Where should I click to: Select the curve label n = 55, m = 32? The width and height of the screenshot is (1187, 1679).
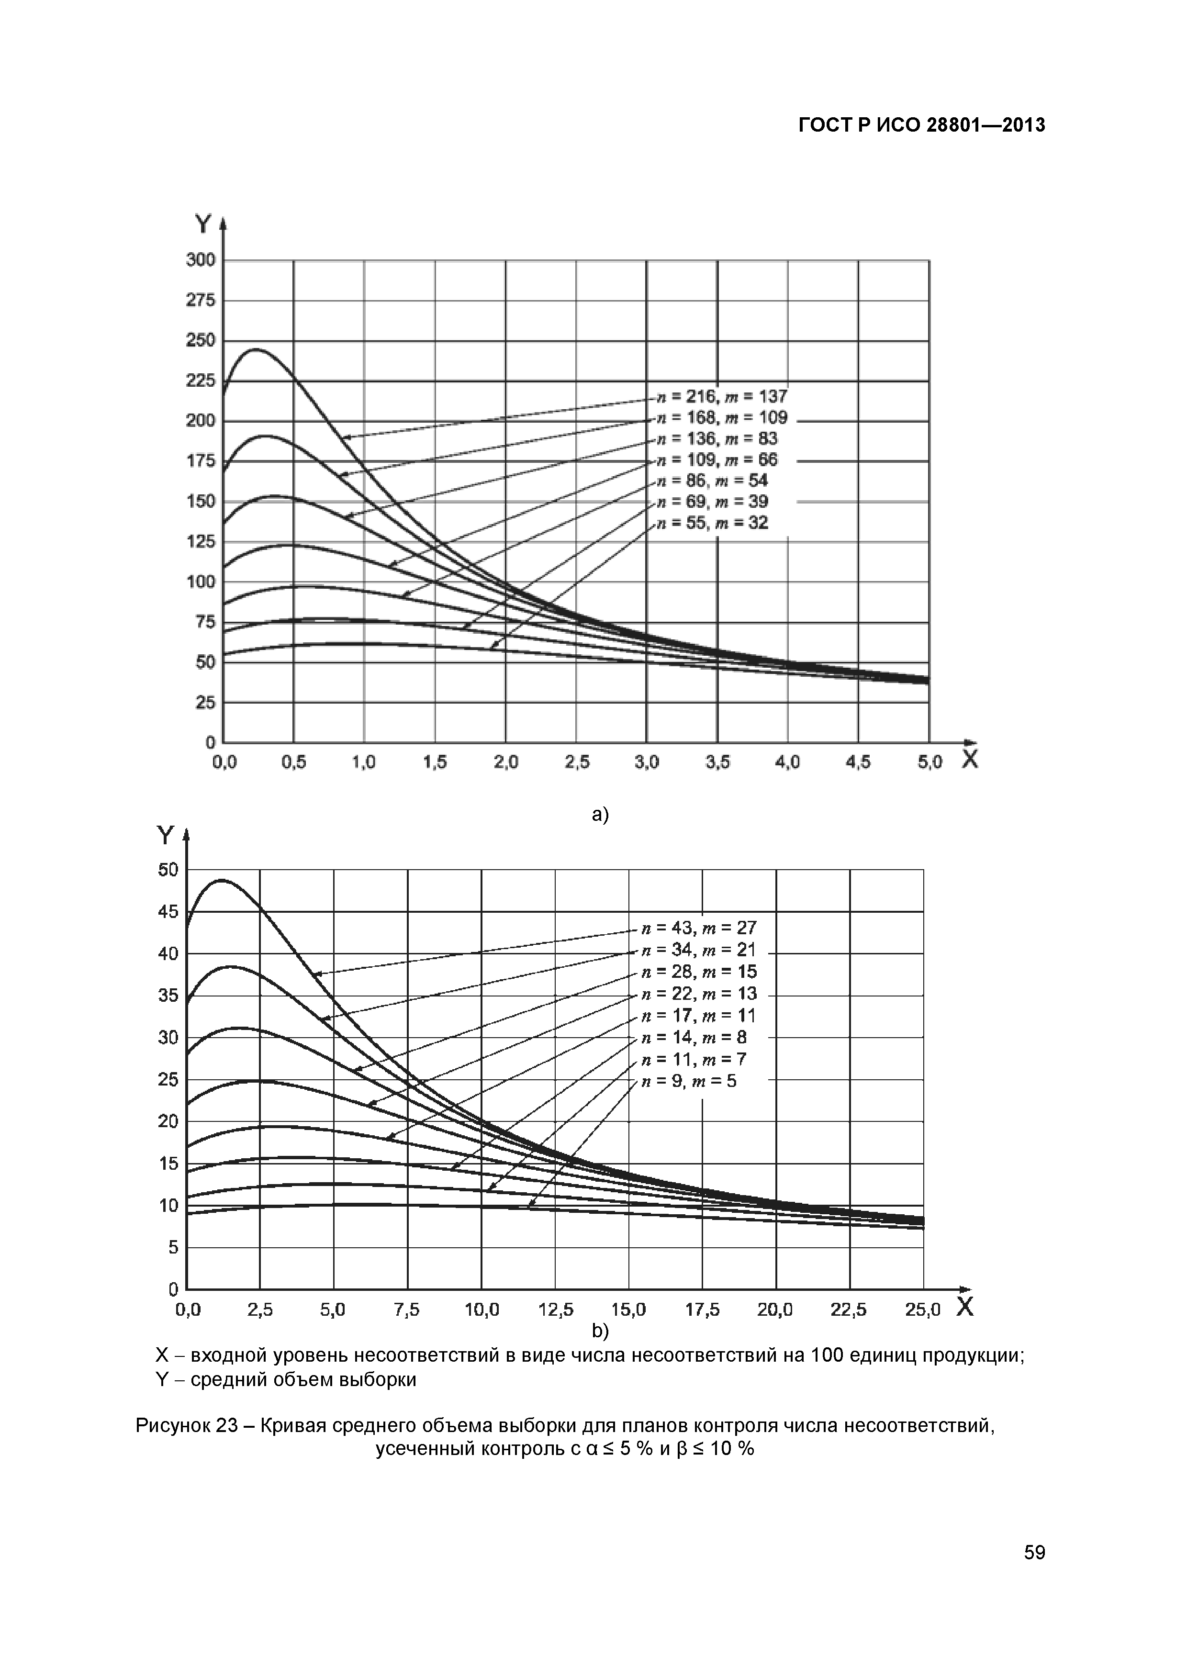(x=712, y=523)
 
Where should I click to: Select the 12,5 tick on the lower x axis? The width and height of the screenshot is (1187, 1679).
(x=556, y=1310)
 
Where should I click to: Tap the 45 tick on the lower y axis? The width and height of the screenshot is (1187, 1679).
(x=168, y=912)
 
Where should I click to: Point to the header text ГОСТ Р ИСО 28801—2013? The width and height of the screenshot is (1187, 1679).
(x=921, y=126)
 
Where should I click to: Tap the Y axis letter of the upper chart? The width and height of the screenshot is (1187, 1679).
(x=202, y=224)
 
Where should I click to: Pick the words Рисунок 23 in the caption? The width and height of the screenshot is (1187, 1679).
(x=187, y=1425)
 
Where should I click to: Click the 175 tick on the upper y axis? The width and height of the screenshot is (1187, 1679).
(x=201, y=461)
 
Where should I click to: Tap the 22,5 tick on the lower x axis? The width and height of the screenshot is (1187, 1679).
(x=849, y=1310)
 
